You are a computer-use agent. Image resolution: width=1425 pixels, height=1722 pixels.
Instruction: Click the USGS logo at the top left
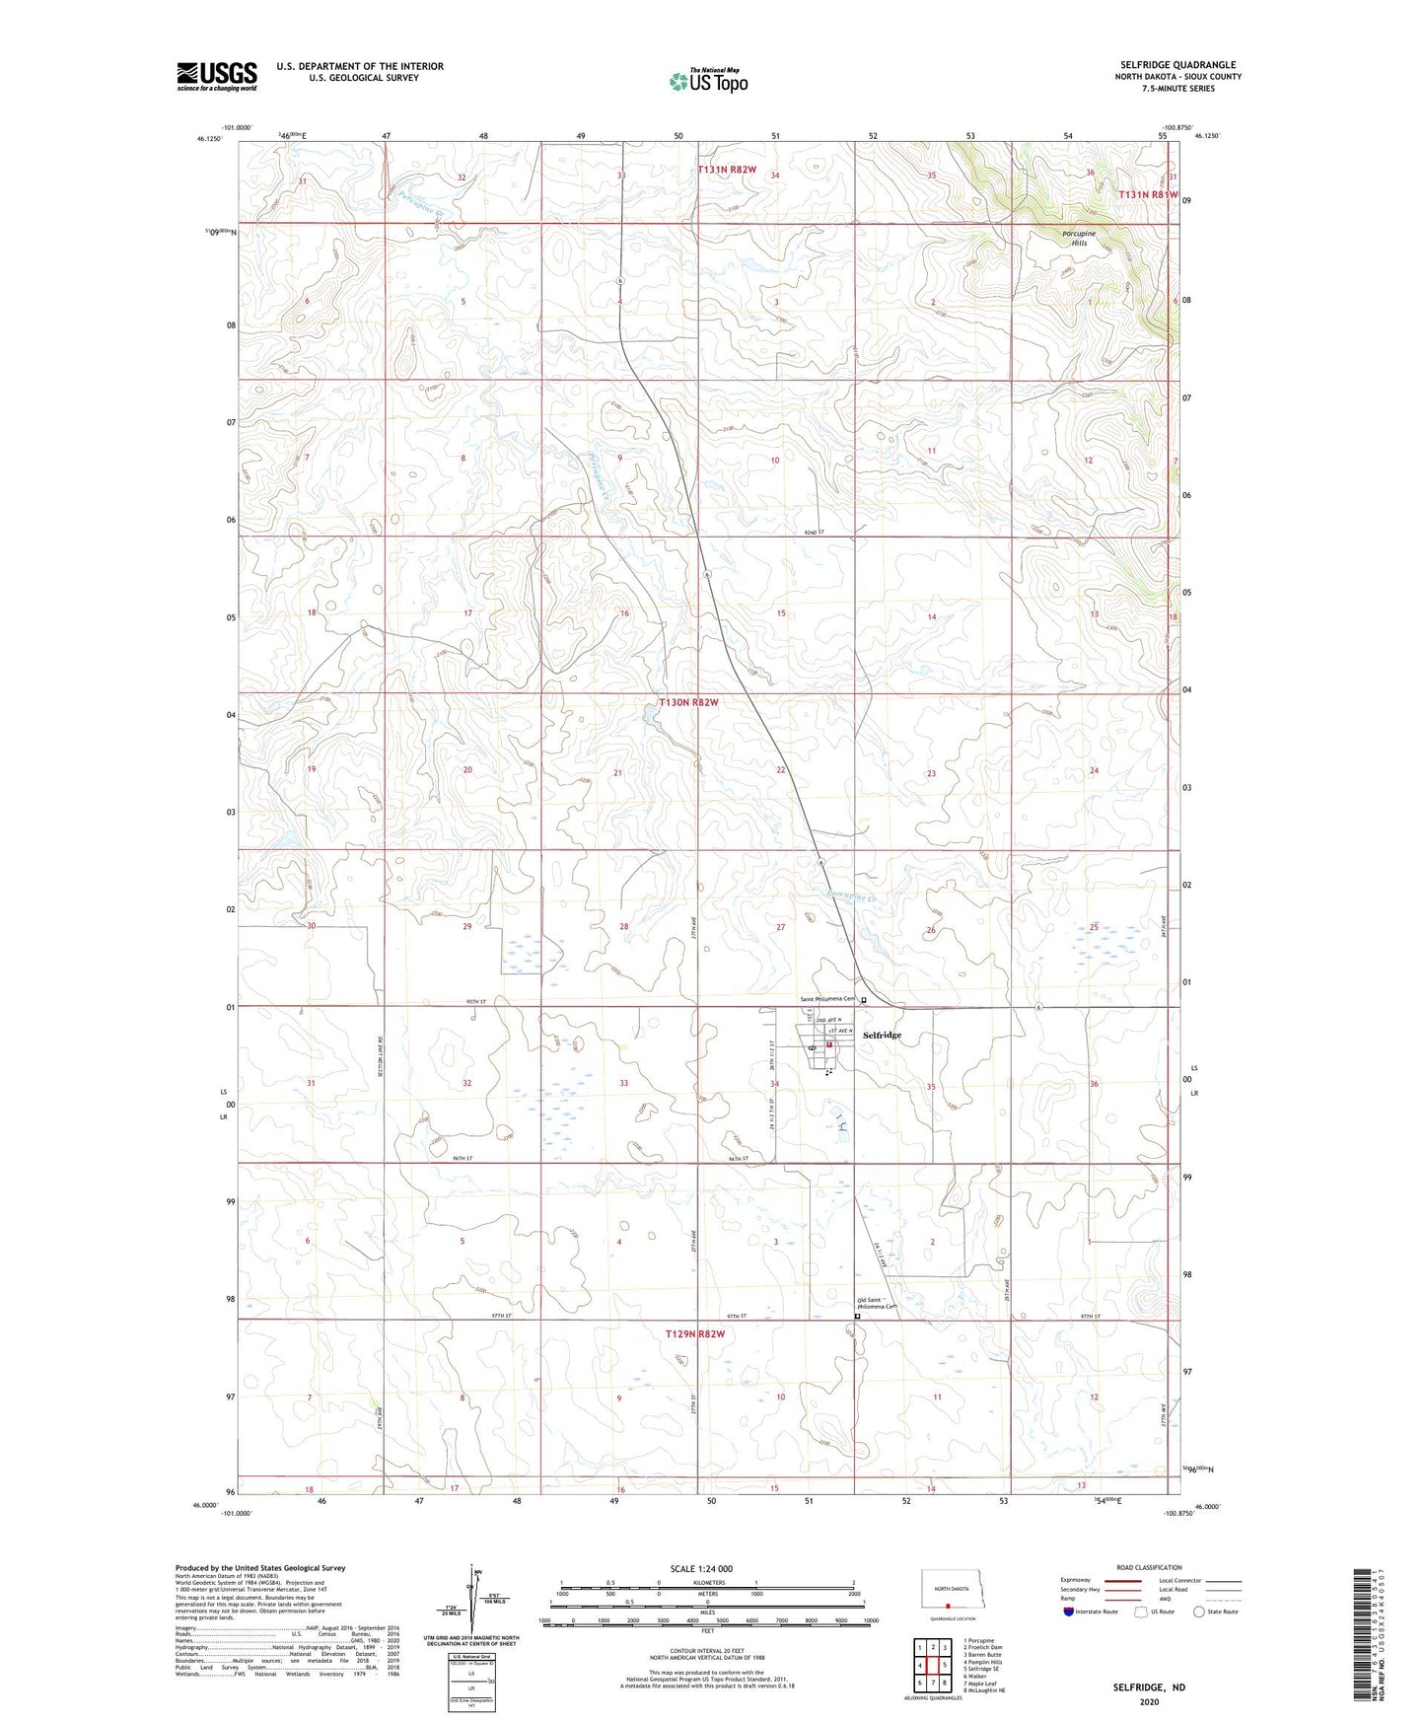point(217,76)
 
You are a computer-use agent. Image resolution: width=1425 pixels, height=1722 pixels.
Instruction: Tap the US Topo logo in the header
point(708,81)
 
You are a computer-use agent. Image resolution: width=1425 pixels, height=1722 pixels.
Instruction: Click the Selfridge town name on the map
point(882,1035)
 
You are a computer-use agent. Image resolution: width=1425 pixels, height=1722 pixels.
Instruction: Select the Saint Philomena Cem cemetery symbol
point(864,1000)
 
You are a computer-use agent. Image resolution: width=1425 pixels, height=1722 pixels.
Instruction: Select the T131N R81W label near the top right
point(1148,195)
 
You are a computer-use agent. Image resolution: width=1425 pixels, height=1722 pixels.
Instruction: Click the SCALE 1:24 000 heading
point(701,1568)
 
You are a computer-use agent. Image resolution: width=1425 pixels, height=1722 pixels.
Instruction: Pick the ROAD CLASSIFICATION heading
point(1148,1567)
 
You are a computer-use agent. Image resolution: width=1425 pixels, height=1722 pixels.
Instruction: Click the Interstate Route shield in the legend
point(1069,1612)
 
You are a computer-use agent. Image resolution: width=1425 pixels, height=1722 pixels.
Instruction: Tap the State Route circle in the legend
point(1199,1612)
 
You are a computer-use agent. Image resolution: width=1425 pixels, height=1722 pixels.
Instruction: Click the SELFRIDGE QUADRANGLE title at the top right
point(1177,65)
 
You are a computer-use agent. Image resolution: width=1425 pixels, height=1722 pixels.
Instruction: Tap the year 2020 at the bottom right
point(1149,1701)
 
